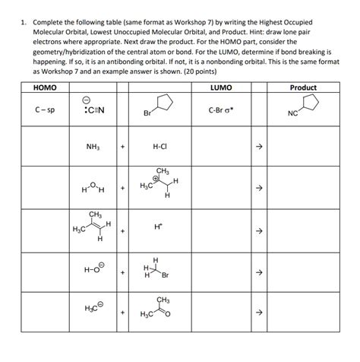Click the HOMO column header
pyautogui.click(x=36, y=89)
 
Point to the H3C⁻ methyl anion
pyautogui.click(x=93, y=311)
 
